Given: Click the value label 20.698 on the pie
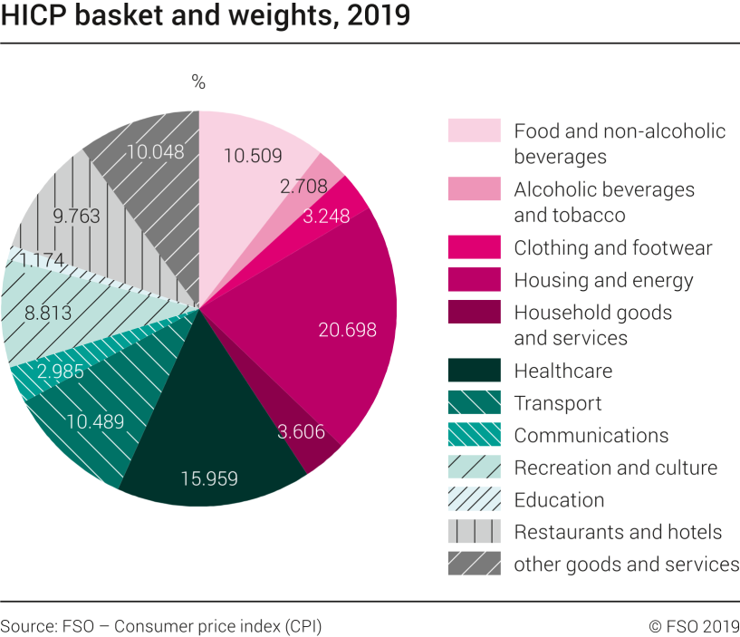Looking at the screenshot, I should pos(347,330).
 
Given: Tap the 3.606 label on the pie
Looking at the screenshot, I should pos(302,431).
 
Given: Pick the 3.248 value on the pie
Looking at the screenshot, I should pos(326,217).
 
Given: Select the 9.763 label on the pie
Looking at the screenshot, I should pos(76,217).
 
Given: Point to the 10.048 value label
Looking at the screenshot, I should pos(155,152).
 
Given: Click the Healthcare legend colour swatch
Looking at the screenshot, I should pos(474,371).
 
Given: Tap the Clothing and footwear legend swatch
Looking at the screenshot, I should pos(474,247).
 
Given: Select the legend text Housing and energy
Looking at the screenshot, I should pos(603,280).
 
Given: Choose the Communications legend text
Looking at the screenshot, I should pos(591,436).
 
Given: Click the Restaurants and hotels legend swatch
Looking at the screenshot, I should pos(474,531).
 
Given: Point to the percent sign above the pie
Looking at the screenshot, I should pos(198,82).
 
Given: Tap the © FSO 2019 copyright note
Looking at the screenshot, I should pos(694,626).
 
